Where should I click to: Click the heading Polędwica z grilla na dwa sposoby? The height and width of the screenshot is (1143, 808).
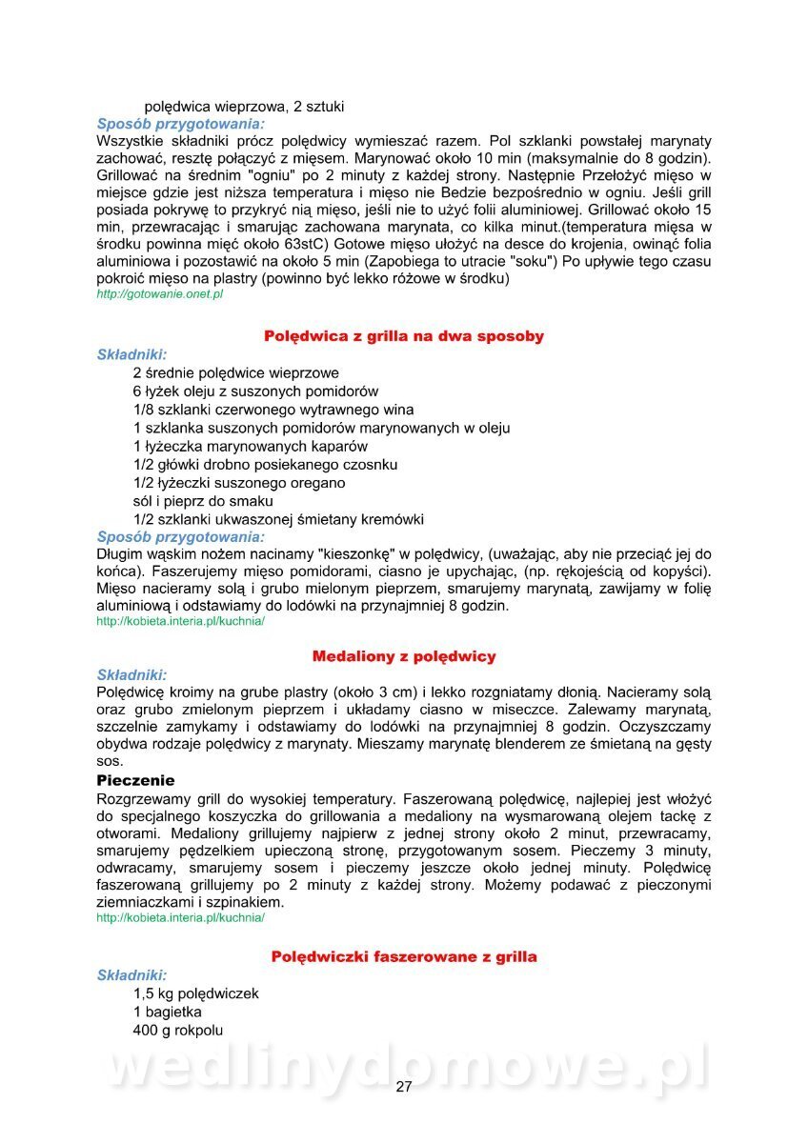point(404,336)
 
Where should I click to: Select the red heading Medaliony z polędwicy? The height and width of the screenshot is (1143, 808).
point(404,657)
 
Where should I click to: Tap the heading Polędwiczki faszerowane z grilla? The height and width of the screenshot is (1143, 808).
point(404,956)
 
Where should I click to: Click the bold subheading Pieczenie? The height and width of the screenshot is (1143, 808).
point(136,780)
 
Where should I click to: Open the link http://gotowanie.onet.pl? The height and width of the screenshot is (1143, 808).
point(160,295)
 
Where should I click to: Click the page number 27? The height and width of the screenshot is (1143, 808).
point(404,1087)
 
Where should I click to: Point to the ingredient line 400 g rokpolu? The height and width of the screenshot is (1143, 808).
point(178,1030)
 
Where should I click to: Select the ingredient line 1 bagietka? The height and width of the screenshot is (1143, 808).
point(168,1012)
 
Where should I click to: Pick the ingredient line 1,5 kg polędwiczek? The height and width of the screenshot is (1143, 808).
point(196,993)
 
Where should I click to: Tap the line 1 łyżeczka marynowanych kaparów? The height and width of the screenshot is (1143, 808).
point(251,446)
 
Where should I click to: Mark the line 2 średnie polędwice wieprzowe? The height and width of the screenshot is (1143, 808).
point(236,372)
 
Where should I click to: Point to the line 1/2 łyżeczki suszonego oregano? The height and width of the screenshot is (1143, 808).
point(239,483)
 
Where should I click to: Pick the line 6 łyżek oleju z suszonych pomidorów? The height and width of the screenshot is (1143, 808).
point(255,391)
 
